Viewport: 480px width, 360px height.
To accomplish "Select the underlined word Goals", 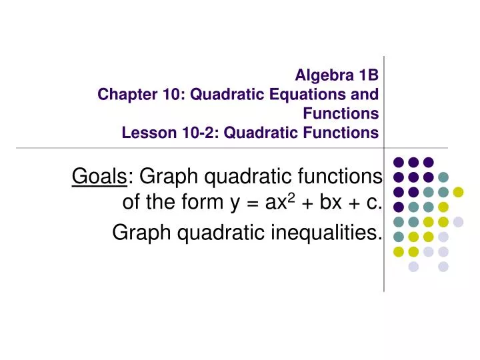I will (99, 177).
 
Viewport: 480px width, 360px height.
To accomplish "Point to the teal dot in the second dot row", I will (443, 177).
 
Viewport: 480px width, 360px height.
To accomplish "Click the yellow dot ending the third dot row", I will (458, 192).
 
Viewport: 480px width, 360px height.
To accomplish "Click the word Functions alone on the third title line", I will (341, 113).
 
